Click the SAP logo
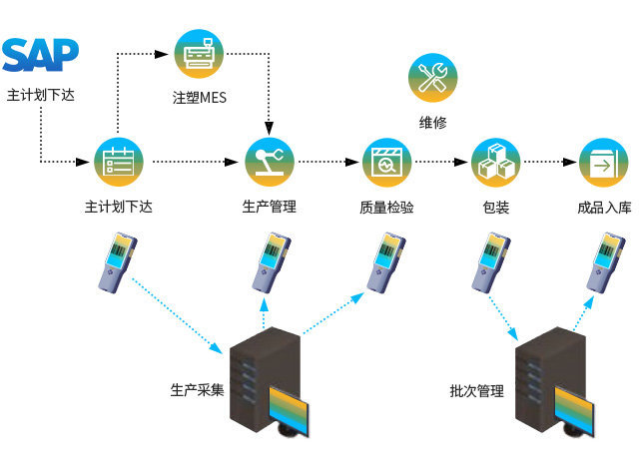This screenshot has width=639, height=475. click(x=40, y=56)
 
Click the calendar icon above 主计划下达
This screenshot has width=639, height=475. click(x=120, y=162)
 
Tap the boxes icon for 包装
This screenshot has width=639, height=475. click(x=495, y=162)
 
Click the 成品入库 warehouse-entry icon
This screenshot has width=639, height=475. click(x=604, y=162)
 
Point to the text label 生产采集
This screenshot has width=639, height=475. click(x=197, y=388)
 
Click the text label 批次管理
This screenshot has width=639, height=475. click(x=477, y=390)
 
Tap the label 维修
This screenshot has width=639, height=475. click(x=432, y=123)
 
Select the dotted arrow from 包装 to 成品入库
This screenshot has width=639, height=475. click(x=550, y=162)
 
